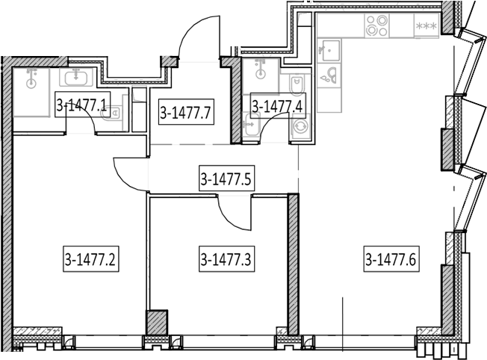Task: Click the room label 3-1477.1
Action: click(82, 105)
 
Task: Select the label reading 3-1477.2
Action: click(90, 259)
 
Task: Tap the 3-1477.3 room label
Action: click(227, 259)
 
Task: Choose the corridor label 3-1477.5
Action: click(227, 178)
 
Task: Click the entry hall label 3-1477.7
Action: click(186, 112)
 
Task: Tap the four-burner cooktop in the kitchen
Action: click(377, 26)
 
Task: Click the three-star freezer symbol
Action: click(426, 26)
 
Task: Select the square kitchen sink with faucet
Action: click(329, 50)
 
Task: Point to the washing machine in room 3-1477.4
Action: click(300, 126)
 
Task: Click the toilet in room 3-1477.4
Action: click(297, 84)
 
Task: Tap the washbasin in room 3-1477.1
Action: click(75, 77)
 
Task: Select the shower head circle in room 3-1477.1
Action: click(31, 84)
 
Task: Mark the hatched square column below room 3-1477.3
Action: click(157, 323)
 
